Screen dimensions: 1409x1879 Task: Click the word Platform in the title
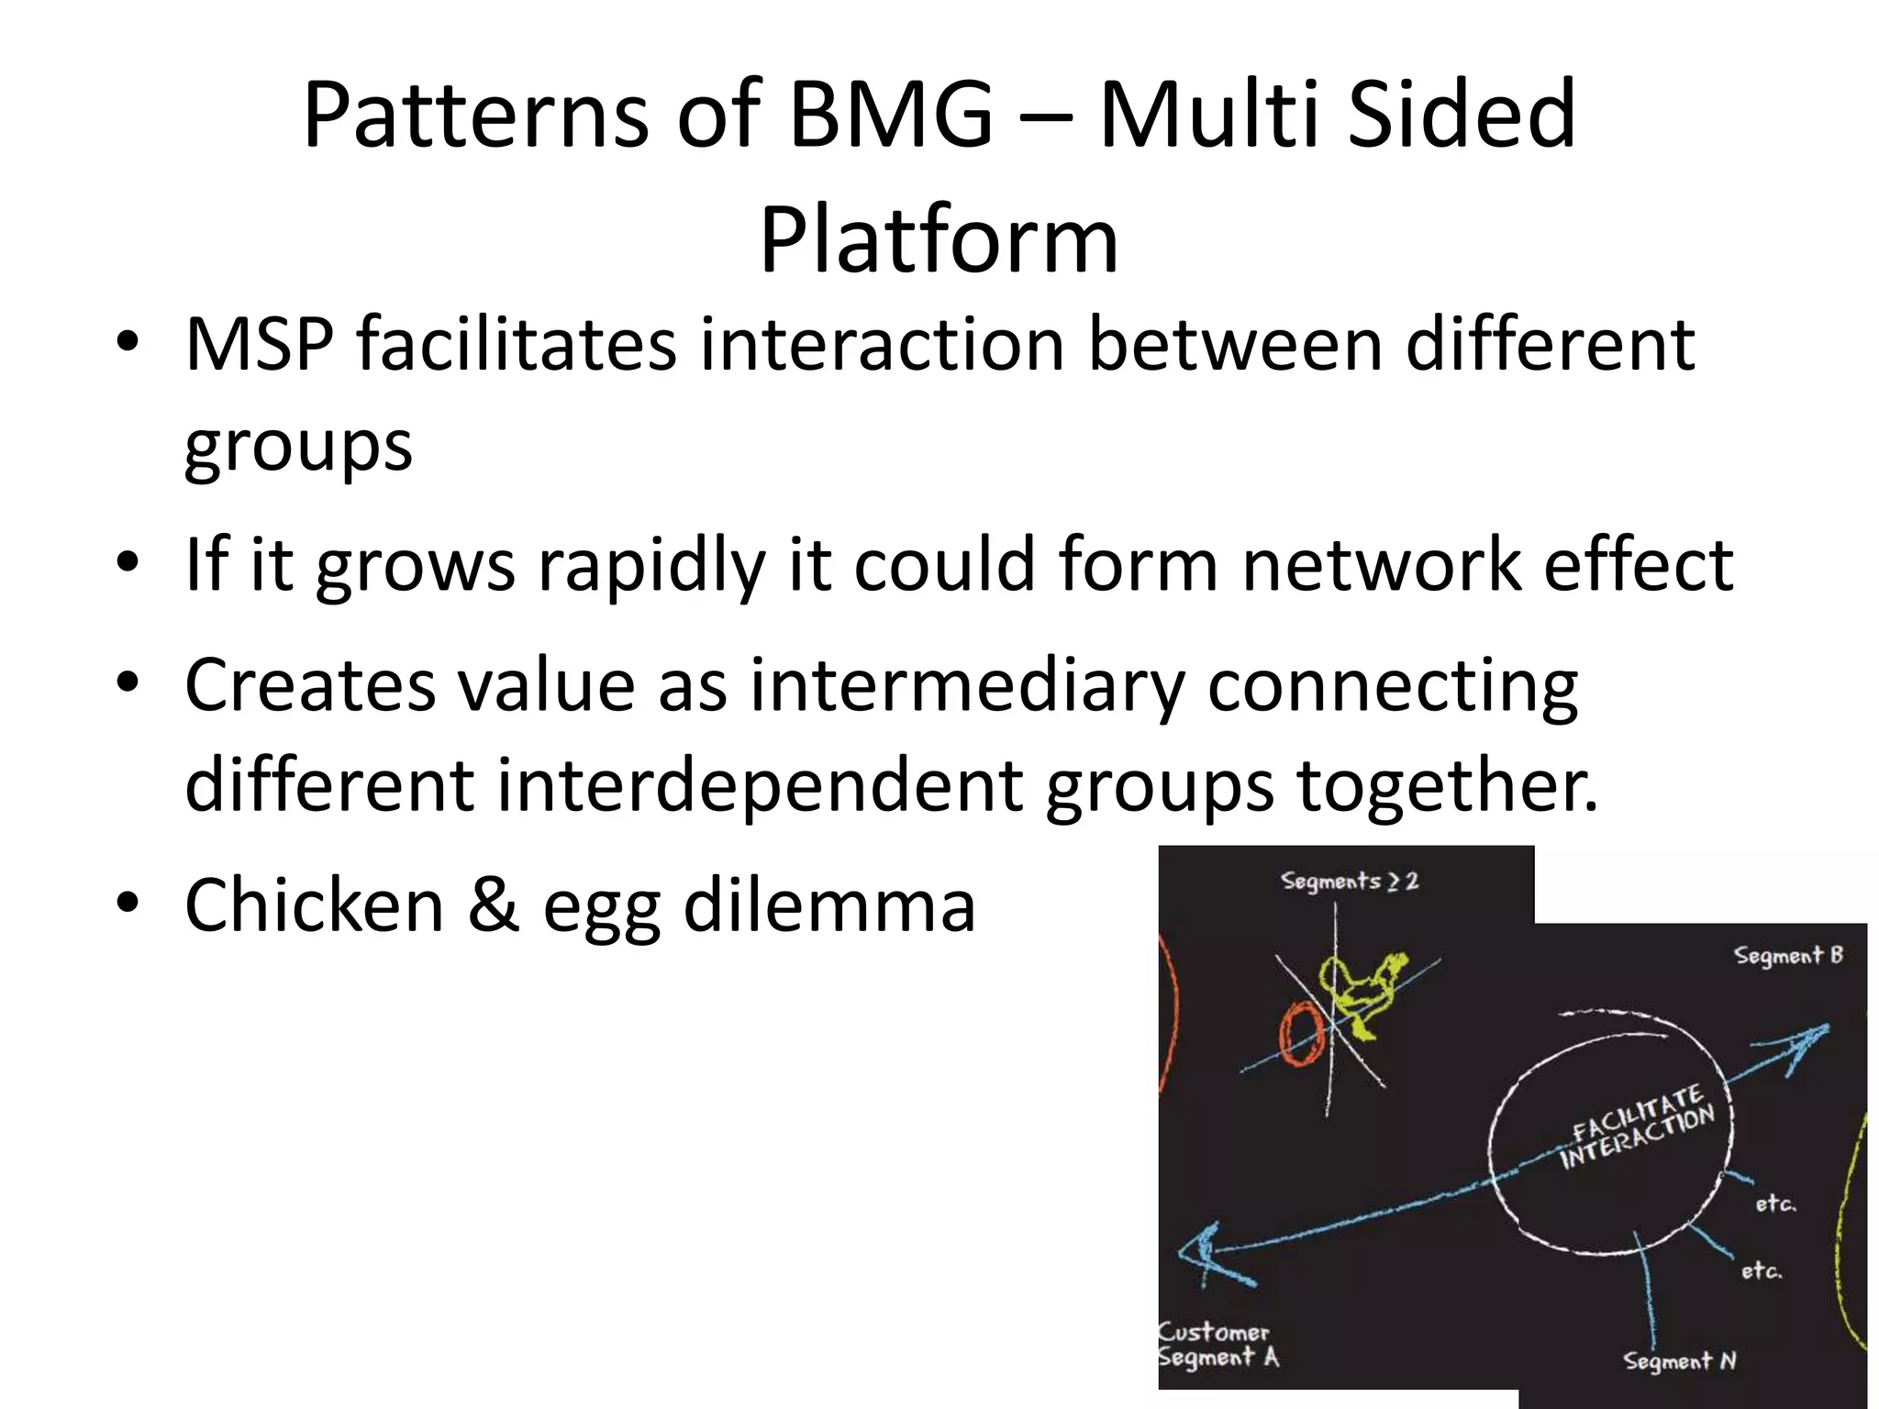click(x=939, y=240)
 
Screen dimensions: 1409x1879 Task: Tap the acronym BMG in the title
click(x=891, y=115)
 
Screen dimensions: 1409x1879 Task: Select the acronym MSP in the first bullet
click(x=260, y=345)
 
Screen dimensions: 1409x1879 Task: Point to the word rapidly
click(x=650, y=565)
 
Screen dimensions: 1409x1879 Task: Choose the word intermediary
click(x=966, y=685)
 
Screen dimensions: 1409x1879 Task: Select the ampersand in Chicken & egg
click(x=493, y=904)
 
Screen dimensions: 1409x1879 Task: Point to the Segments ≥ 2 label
click(x=1350, y=882)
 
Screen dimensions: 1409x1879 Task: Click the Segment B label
click(x=1787, y=956)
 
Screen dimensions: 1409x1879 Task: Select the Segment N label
click(x=1679, y=1360)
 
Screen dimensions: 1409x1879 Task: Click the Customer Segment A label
click(x=1217, y=1344)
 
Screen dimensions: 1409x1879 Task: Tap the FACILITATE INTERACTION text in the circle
click(x=1636, y=1127)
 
